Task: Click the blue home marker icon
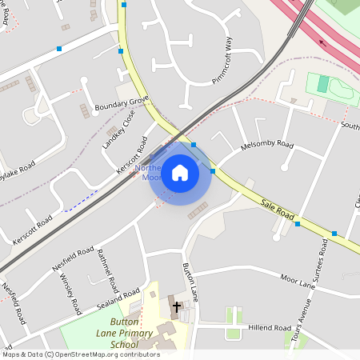coord(180,173)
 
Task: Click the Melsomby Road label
coord(267,145)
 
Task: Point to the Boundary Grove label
coord(122,102)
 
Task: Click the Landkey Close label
coord(118,130)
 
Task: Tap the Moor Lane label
coord(298,281)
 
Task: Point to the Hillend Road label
coord(270,328)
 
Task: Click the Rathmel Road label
coord(109,270)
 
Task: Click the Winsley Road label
coord(70,293)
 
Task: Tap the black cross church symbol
coord(176,306)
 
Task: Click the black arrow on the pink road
coord(322,43)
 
